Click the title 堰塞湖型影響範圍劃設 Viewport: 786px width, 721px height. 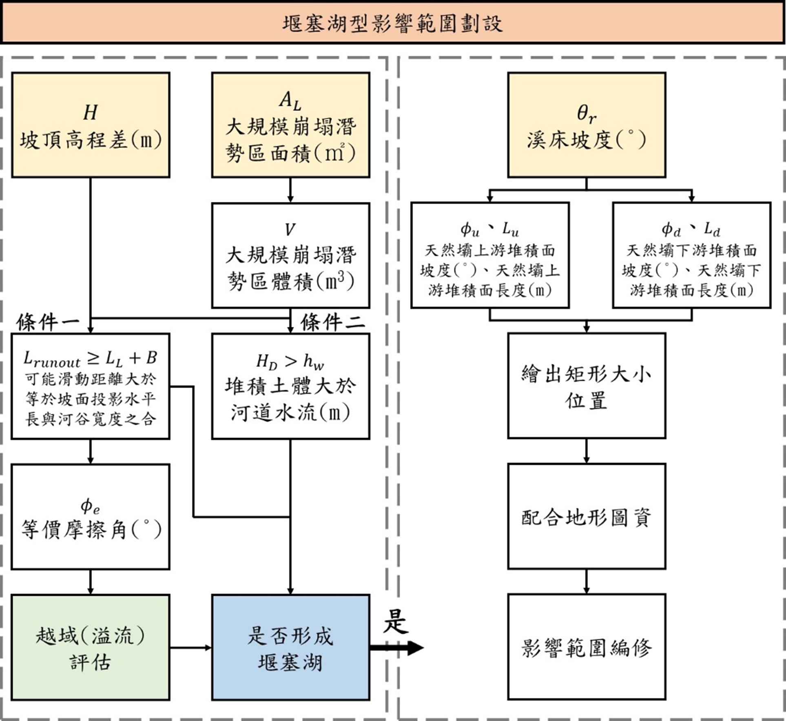pyautogui.click(x=392, y=23)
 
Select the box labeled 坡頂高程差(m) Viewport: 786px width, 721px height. pyautogui.click(x=91, y=125)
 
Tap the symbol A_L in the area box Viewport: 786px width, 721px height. pyautogui.click(x=290, y=100)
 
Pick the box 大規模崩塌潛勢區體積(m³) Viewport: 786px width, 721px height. pyautogui.click(x=290, y=256)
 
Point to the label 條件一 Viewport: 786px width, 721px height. pyautogui.click(x=48, y=323)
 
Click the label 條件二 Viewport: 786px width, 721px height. pyautogui.click(x=332, y=323)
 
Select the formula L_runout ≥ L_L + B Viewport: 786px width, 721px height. pyautogui.click(x=90, y=359)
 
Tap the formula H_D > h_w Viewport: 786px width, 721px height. pyautogui.click(x=290, y=361)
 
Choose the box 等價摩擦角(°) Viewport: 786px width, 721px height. pyautogui.click(x=91, y=517)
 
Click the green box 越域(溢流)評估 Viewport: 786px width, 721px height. pyautogui.click(x=91, y=647)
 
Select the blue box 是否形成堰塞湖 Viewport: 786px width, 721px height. pyautogui.click(x=290, y=647)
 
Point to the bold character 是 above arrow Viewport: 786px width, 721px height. pyautogui.click(x=395, y=622)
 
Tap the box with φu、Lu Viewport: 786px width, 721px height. pyautogui.click(x=490, y=256)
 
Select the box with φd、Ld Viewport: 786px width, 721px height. pyautogui.click(x=691, y=256)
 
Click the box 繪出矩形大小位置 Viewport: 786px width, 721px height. pyautogui.click(x=587, y=386)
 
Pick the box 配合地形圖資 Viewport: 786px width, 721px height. pyautogui.click(x=587, y=516)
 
